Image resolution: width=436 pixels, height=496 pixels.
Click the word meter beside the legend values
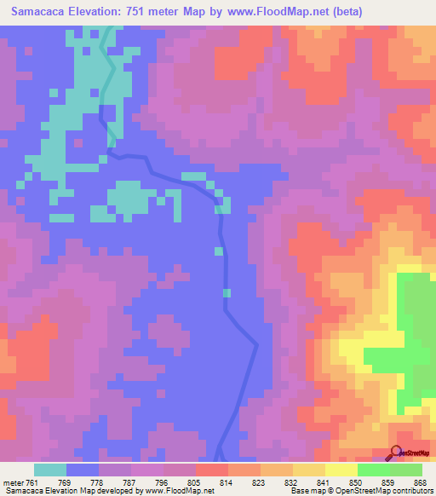pyautogui.click(x=14, y=482)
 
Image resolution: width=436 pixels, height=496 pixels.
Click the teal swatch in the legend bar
pyautogui.click(x=50, y=470)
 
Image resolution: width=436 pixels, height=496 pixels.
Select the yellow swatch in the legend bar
pyautogui.click(x=341, y=470)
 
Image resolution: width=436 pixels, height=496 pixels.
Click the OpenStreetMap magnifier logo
pyautogui.click(x=396, y=453)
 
